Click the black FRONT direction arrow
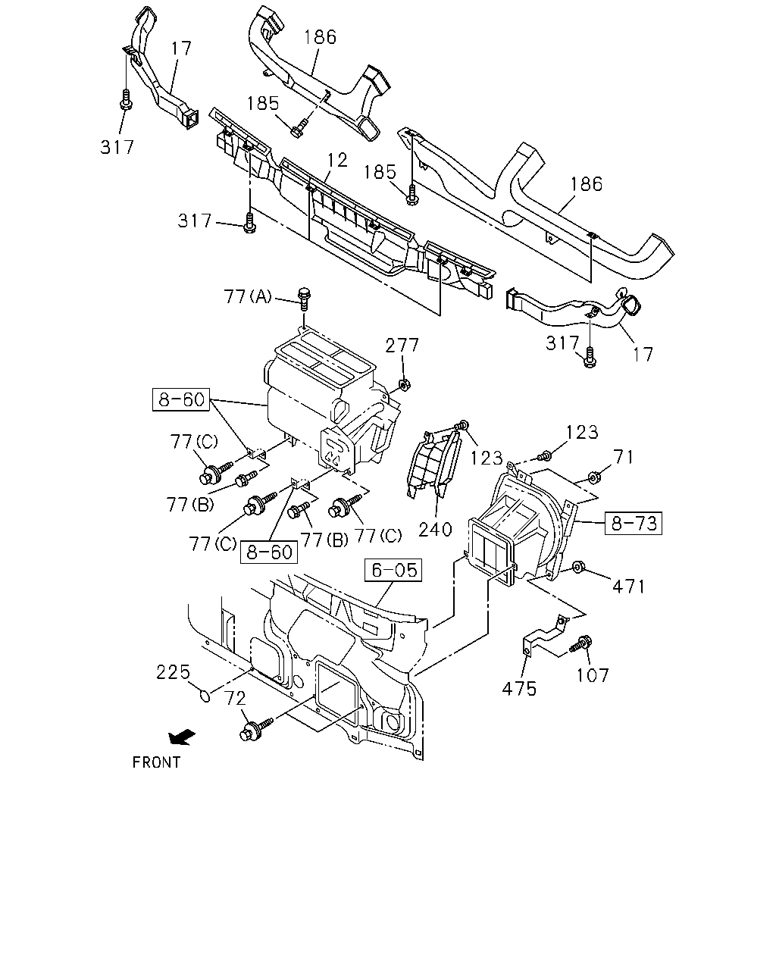tap(182, 737)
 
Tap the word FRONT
tap(156, 762)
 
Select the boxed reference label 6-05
tap(393, 570)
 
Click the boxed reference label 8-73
tap(634, 523)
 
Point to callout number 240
tap(435, 529)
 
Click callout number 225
tap(173, 672)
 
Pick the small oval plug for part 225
tap(205, 696)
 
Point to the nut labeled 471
tap(576, 567)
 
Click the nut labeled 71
tap(594, 477)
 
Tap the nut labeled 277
tap(404, 384)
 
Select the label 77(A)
tap(248, 296)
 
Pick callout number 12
tap(337, 160)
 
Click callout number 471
tap(628, 587)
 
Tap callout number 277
tap(402, 346)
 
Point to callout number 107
tap(593, 675)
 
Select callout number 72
tap(235, 698)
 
